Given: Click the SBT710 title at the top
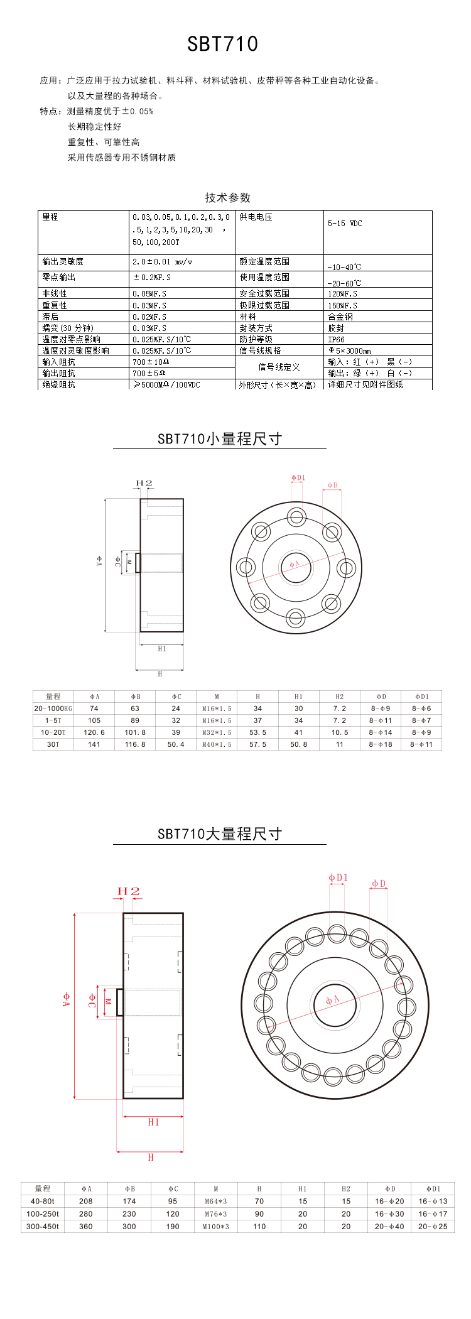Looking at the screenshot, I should pyautogui.click(x=222, y=44).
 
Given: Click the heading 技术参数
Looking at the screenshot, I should pyautogui.click(x=227, y=197).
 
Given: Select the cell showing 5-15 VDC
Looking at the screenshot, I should pyautogui.click(x=345, y=224).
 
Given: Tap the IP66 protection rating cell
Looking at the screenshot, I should pyautogui.click(x=336, y=339).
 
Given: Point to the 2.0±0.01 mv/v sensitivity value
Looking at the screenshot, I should pyautogui.click(x=162, y=262).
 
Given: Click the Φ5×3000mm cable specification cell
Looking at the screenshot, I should pyautogui.click(x=350, y=350).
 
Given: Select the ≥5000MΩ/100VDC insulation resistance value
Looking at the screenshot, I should pyautogui.click(x=166, y=384).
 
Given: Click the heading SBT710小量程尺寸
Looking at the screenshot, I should pyautogui.click(x=219, y=439).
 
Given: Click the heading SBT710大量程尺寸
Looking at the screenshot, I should pyautogui.click(x=219, y=834).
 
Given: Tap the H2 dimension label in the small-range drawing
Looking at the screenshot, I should pyautogui.click(x=144, y=484).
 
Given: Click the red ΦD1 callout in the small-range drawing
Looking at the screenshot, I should pyautogui.click(x=298, y=478).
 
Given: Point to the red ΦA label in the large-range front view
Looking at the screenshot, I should pyautogui.click(x=332, y=1000).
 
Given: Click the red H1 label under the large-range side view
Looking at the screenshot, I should pyautogui.click(x=153, y=1122).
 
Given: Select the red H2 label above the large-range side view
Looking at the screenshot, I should pyautogui.click(x=128, y=891).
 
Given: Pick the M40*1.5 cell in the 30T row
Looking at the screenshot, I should pyautogui.click(x=217, y=744).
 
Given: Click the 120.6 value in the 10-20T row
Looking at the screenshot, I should pyautogui.click(x=94, y=732).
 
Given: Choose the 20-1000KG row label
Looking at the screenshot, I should pyautogui.click(x=53, y=708).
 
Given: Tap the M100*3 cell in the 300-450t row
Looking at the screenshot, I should pyautogui.click(x=216, y=1226).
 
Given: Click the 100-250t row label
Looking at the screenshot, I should pyautogui.click(x=43, y=1214).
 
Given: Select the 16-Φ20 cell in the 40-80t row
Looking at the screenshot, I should pyautogui.click(x=389, y=1202).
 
